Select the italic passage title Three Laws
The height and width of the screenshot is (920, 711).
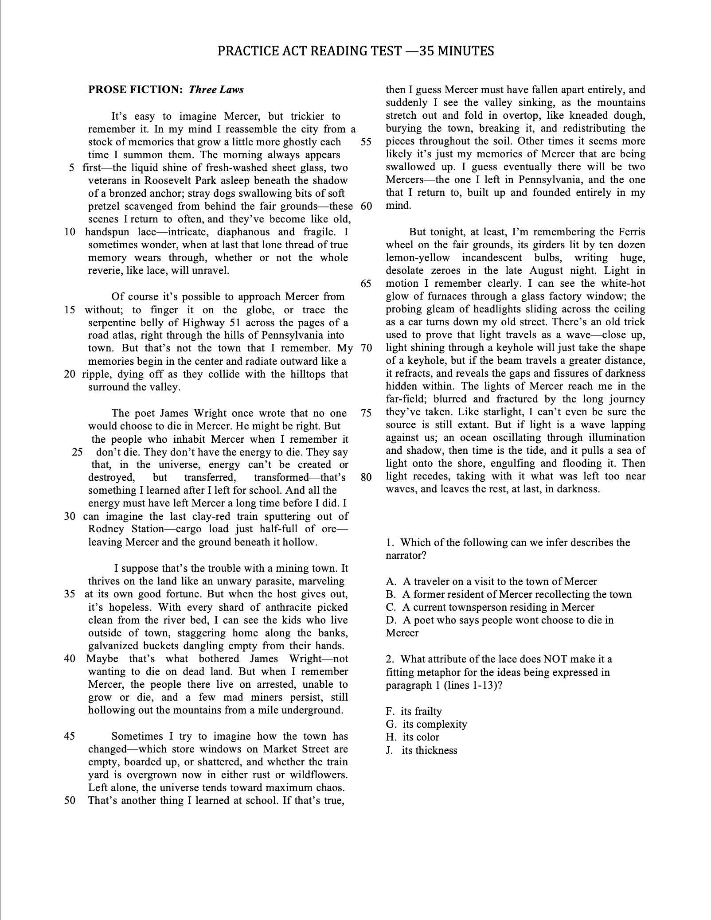[x=216, y=90]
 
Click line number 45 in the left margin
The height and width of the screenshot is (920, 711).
[x=70, y=736]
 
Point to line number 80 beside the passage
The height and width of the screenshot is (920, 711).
[x=366, y=476]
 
